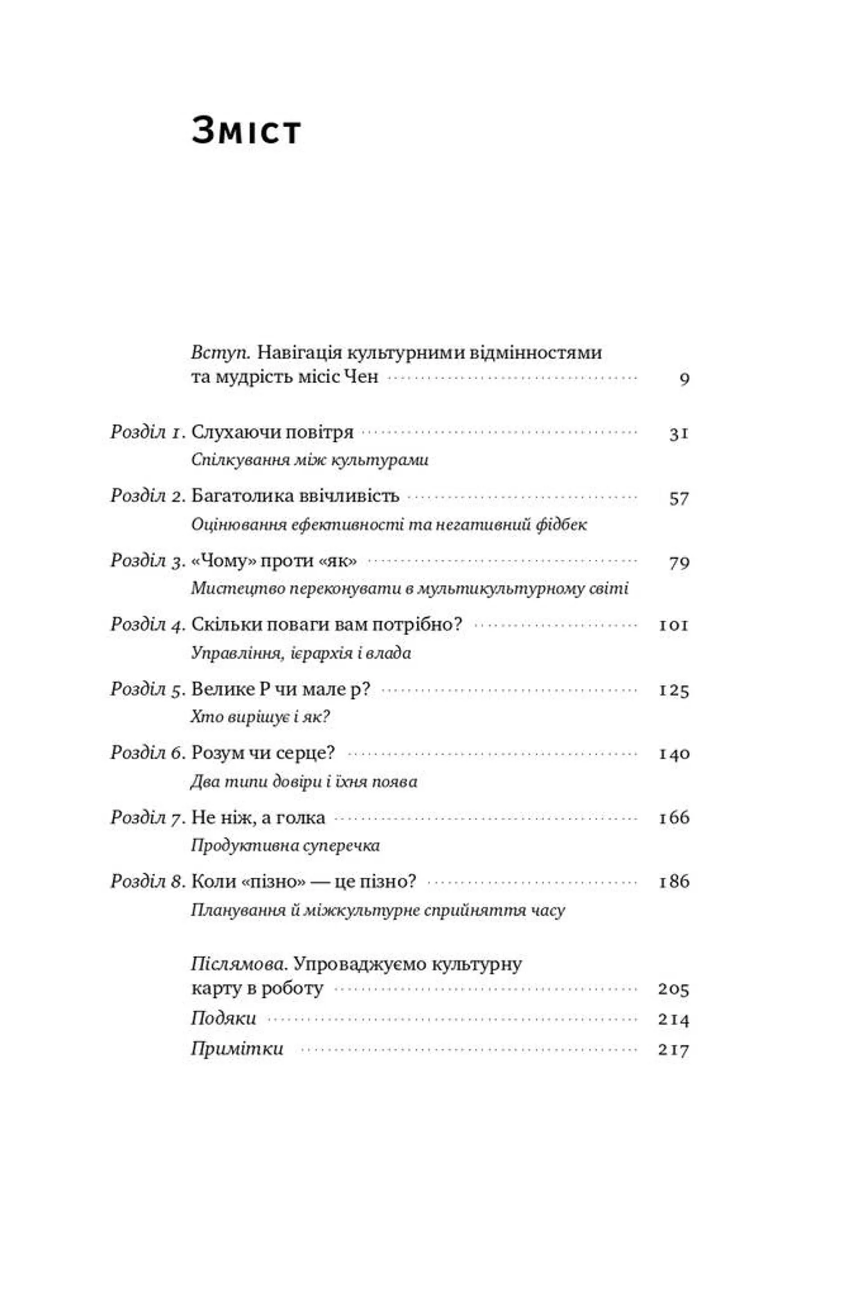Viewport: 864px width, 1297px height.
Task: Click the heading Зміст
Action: (246, 132)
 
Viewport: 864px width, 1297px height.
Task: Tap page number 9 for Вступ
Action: (684, 379)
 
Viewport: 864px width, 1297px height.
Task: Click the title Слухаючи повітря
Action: (272, 432)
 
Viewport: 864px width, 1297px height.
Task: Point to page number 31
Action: (679, 434)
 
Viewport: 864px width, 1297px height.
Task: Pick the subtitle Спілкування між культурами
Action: (309, 460)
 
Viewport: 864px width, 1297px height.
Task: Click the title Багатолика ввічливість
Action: (295, 496)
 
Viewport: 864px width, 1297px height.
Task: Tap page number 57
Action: (679, 498)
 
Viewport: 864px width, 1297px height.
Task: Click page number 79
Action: (679, 563)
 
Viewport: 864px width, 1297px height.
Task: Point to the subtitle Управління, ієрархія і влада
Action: (301, 653)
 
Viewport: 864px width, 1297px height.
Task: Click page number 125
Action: (674, 691)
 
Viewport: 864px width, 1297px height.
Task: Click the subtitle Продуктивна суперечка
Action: (285, 845)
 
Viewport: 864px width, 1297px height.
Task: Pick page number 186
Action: (674, 882)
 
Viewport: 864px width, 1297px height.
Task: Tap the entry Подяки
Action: (224, 1018)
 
